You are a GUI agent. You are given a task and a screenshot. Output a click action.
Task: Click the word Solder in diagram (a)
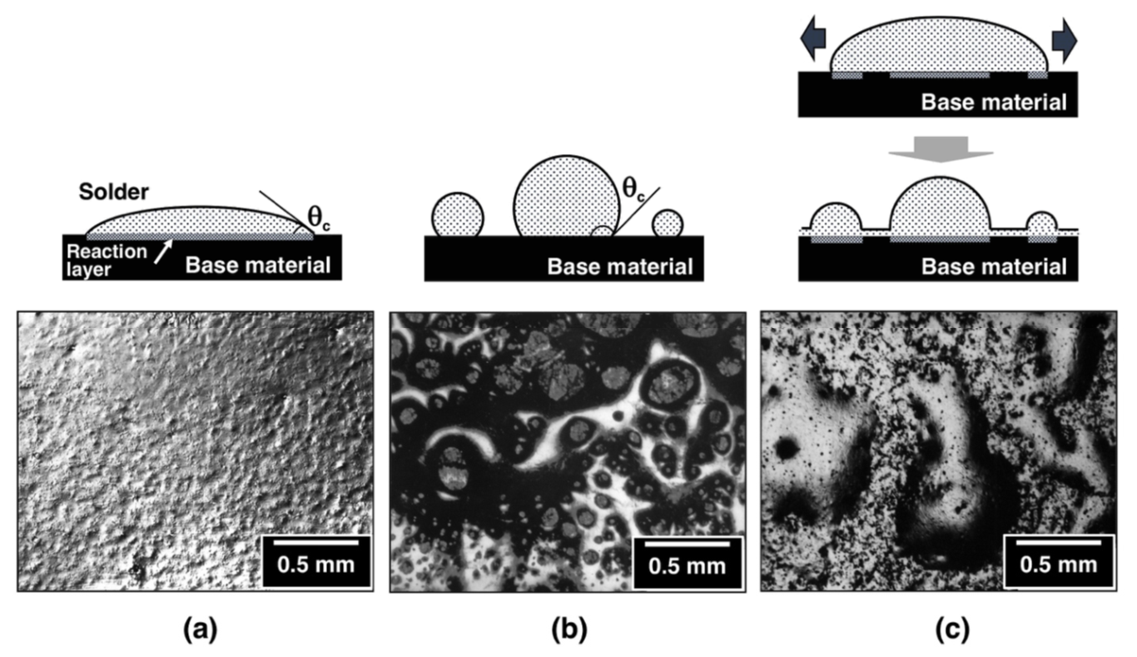click(x=114, y=192)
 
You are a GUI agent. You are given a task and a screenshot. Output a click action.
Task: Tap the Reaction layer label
click(x=107, y=260)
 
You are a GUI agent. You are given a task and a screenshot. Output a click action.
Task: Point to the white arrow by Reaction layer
click(x=163, y=251)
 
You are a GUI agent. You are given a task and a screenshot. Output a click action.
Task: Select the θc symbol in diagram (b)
click(x=633, y=188)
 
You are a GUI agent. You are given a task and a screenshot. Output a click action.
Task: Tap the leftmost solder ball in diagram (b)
click(x=457, y=216)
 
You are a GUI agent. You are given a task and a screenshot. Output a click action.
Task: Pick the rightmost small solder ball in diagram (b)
click(x=668, y=224)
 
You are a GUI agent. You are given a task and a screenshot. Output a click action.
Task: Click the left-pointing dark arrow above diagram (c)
click(x=813, y=38)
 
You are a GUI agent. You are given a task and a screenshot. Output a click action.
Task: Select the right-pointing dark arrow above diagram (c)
click(x=1065, y=41)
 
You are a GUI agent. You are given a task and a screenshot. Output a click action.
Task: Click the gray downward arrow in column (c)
click(x=941, y=149)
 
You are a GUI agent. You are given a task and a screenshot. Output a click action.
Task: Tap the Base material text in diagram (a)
click(x=258, y=265)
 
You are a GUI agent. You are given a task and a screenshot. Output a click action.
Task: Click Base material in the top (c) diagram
click(x=994, y=102)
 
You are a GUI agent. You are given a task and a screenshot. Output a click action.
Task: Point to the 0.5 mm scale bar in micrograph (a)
click(x=315, y=544)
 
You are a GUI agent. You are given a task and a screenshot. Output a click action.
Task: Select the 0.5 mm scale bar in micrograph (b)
click(x=687, y=545)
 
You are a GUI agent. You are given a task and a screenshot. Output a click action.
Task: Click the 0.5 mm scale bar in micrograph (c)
click(x=1058, y=543)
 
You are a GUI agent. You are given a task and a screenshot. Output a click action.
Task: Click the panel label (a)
click(x=200, y=630)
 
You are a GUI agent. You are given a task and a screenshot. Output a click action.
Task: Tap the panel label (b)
click(x=569, y=630)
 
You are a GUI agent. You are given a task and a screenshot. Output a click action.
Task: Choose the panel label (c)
click(x=952, y=630)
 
